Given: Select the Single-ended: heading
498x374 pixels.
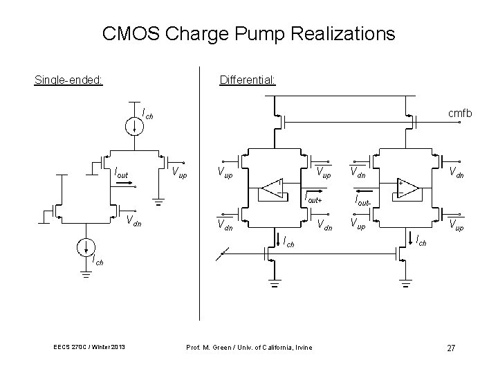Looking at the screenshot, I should point(68,80).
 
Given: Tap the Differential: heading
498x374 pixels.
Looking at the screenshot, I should point(248,80).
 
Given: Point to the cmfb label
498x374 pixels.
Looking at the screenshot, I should point(459,112).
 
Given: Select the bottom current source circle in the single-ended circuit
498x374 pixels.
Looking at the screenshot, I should point(86,247).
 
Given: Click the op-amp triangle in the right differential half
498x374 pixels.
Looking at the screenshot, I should point(407,188).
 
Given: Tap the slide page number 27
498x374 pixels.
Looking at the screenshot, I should point(450,348).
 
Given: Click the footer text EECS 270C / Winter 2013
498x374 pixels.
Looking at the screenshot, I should point(87,347).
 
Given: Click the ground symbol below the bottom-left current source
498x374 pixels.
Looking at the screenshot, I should point(86,274).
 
